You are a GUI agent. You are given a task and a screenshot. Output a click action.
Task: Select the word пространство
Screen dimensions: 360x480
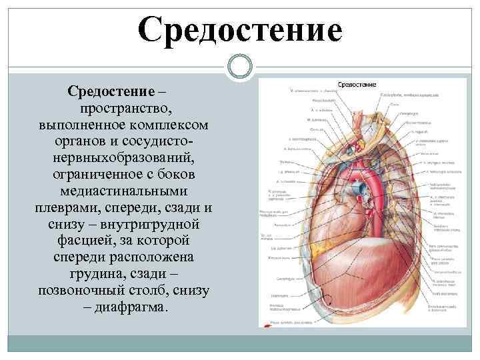[x=123, y=107]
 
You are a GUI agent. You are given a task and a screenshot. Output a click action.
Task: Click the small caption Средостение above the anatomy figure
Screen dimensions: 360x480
[x=358, y=85]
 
